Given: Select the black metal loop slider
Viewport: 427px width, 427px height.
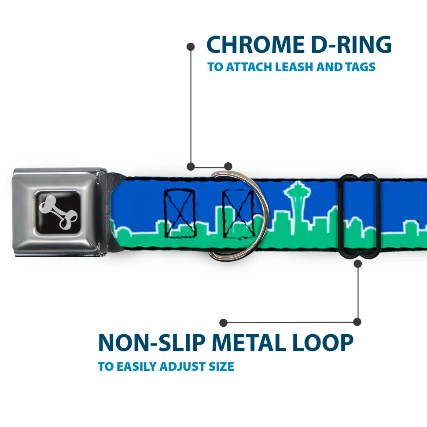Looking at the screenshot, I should tap(359, 215).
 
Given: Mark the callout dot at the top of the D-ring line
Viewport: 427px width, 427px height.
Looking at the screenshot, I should tap(191, 46).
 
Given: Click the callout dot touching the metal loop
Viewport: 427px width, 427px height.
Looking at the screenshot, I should tap(357, 263).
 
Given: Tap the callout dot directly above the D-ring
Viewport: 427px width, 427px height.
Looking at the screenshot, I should tap(228, 166).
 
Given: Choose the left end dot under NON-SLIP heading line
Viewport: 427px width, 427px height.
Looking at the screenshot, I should tap(224, 322).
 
